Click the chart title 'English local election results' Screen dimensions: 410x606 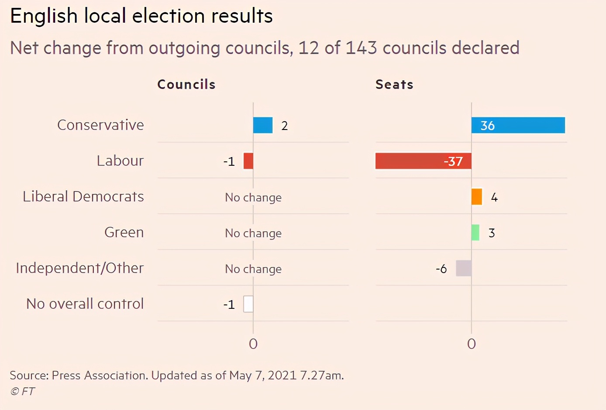[x=141, y=16]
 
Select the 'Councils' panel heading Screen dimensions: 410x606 [x=186, y=84]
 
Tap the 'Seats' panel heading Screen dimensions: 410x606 [x=394, y=84]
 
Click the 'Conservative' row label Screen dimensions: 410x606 [x=100, y=125]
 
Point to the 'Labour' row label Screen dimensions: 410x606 [x=120, y=161]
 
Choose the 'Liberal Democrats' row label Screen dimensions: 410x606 [x=83, y=197]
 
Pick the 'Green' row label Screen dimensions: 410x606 [x=124, y=232]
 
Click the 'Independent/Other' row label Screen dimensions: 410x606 [x=80, y=268]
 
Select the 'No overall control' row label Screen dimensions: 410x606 [x=85, y=304]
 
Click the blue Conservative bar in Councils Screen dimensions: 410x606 [x=263, y=125]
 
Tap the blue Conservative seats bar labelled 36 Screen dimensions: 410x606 [x=518, y=125]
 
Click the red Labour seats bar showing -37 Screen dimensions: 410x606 [x=423, y=161]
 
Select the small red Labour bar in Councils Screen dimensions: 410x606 [x=248, y=161]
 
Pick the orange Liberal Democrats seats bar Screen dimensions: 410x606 [x=477, y=197]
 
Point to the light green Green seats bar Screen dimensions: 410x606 [x=475, y=232]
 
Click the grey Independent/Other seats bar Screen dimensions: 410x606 [x=464, y=268]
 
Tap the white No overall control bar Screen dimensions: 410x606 [x=248, y=304]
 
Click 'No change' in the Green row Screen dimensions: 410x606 [x=253, y=233]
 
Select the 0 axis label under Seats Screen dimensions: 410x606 [x=472, y=344]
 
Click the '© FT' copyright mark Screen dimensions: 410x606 [x=23, y=391]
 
